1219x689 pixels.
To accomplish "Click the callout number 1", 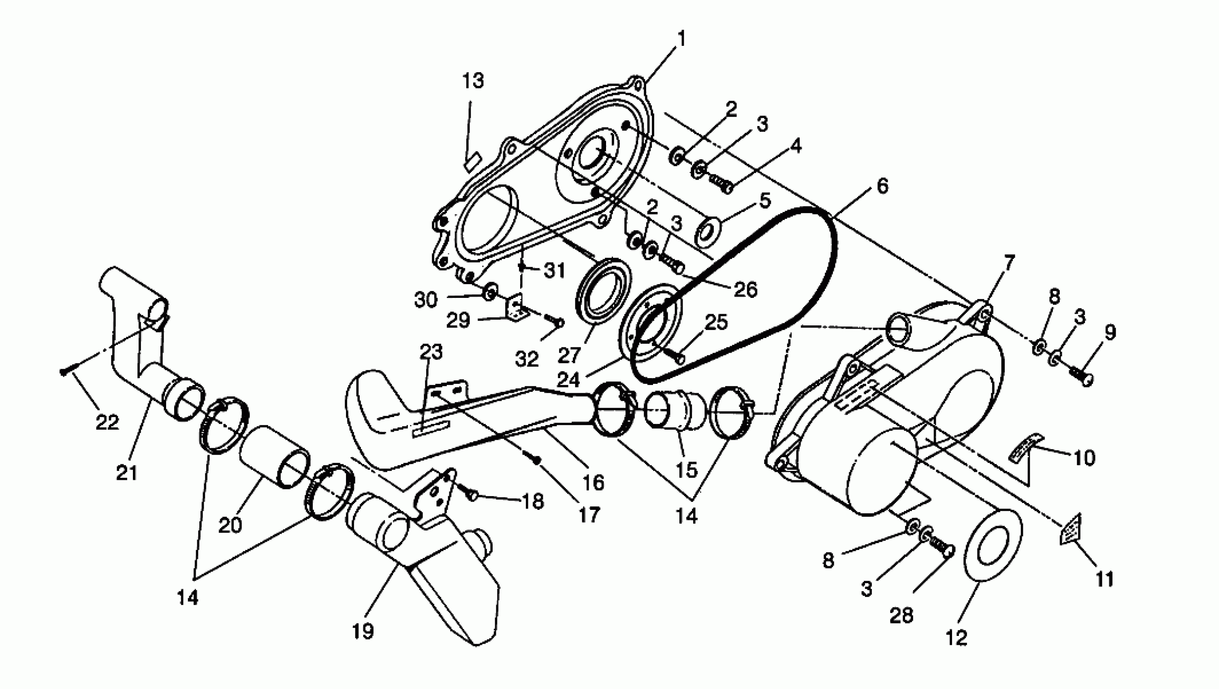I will coord(681,39).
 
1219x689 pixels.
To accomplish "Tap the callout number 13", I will coord(473,81).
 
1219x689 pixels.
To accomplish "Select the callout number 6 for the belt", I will coord(882,186).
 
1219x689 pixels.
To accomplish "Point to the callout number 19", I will coord(363,631).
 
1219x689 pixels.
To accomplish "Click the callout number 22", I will coord(107,422).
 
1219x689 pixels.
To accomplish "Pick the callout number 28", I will coord(901,616).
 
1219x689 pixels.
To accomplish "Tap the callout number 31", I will coord(555,271).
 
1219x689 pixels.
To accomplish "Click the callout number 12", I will coord(956,638).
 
